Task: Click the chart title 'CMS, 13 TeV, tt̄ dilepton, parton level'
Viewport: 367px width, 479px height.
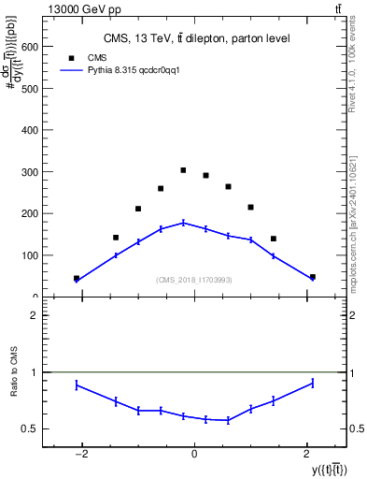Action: pos(196,38)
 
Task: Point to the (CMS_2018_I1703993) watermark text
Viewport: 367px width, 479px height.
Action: pos(194,280)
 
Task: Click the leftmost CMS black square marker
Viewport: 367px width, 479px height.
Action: pos(77,278)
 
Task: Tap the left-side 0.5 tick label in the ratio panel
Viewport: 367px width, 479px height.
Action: pos(30,429)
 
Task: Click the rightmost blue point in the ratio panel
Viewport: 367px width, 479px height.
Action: pos(312,383)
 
